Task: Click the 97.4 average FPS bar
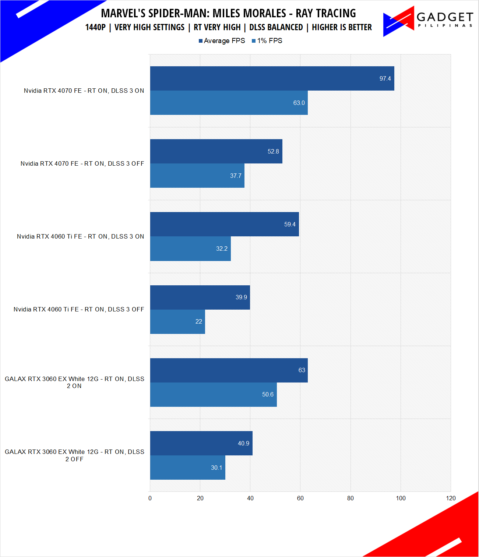coord(272,78)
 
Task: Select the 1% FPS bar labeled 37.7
coord(197,176)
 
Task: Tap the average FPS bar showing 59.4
coord(224,224)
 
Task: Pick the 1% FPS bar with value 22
coord(177,321)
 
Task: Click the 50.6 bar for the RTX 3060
coord(213,394)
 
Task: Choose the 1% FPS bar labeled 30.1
coord(187,468)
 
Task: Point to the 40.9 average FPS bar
coord(201,443)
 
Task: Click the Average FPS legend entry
coord(222,41)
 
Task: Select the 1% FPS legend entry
coord(267,41)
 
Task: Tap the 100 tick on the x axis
coord(401,498)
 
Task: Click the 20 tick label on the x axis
coord(200,498)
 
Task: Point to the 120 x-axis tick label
coord(451,498)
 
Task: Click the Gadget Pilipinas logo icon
coord(398,21)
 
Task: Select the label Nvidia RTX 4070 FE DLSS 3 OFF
coord(82,163)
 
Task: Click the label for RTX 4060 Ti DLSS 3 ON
coord(80,236)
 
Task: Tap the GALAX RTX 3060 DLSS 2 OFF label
coord(74,455)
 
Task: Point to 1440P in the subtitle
coord(95,27)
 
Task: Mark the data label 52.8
coord(273,151)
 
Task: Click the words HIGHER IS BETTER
coord(342,27)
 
